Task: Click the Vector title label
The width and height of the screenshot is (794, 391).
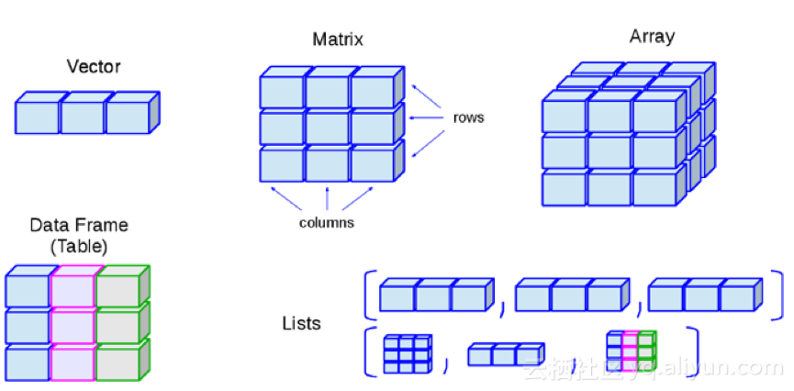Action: click(x=94, y=66)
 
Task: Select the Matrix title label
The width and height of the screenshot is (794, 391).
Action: click(x=338, y=39)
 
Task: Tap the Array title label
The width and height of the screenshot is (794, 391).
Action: click(x=652, y=37)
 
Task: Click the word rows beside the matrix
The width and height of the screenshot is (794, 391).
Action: click(x=468, y=117)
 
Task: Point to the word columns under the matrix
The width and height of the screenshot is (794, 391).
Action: click(x=327, y=223)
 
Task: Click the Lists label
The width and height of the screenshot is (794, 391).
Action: click(x=301, y=323)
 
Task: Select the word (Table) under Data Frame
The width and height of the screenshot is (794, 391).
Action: click(x=79, y=246)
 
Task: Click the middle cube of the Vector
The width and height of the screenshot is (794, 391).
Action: click(x=82, y=117)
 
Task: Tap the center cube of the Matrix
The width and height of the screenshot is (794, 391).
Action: click(x=328, y=128)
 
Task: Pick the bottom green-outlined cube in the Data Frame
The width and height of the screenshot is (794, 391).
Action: click(x=117, y=363)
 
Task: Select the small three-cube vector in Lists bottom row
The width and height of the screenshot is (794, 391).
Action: click(x=505, y=355)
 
